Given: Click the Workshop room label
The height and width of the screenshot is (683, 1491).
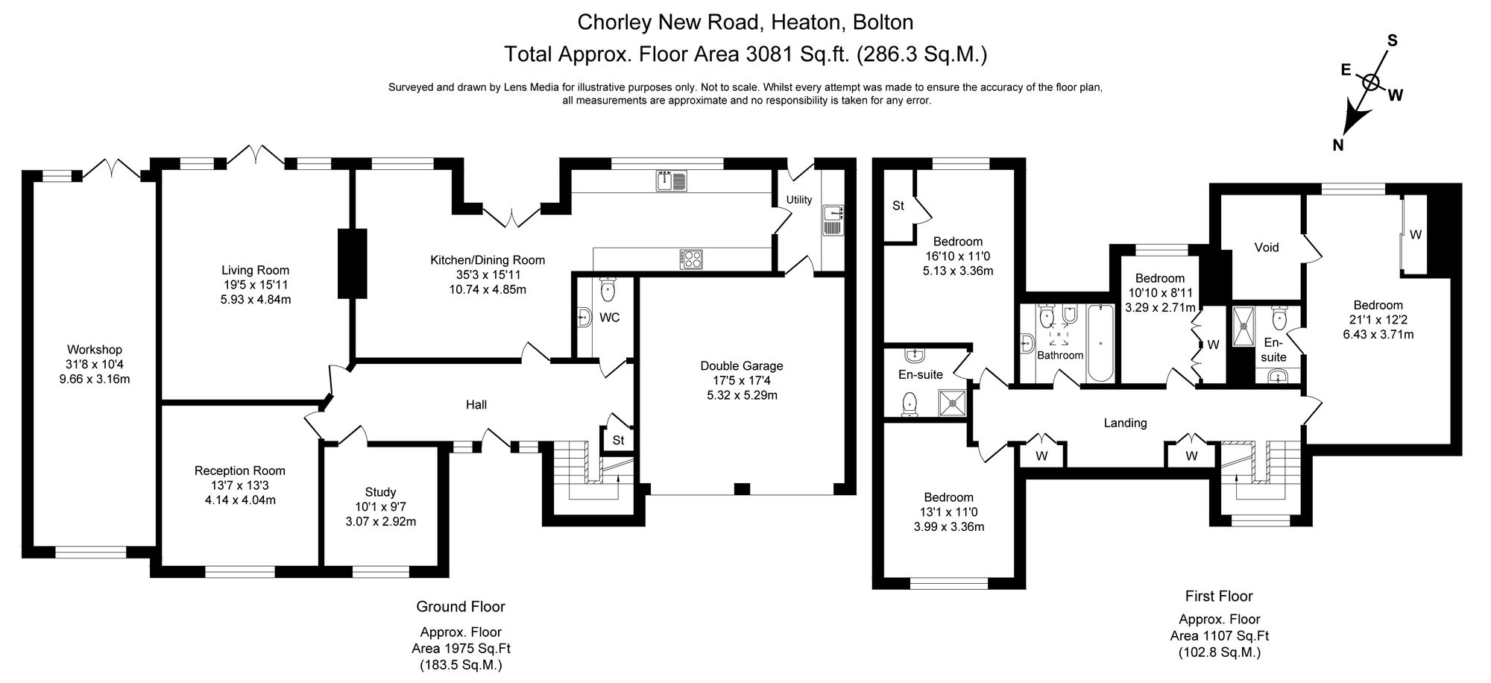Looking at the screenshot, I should [x=94, y=350].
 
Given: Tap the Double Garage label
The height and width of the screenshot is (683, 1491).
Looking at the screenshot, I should [x=741, y=366].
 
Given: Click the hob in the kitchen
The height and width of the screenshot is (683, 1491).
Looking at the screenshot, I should [x=691, y=259].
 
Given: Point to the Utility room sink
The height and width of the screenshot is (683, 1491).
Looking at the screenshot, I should [x=832, y=221].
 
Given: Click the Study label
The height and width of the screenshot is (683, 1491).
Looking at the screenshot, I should [x=380, y=492].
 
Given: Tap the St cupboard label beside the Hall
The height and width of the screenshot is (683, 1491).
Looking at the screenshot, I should [x=618, y=441].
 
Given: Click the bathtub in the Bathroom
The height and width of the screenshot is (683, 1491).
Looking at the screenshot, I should [x=1100, y=344].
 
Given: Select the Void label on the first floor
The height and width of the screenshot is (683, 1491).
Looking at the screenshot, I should [x=1266, y=248].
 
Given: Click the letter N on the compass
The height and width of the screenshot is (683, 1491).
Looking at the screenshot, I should [x=1338, y=146].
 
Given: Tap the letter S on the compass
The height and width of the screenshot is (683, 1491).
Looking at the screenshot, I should [x=1392, y=41].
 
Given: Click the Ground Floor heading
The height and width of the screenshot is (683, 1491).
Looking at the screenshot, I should [x=460, y=606].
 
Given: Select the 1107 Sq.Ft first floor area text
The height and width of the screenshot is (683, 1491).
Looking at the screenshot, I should [x=1219, y=635].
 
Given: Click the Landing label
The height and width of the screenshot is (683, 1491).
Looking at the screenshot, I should [x=1124, y=423].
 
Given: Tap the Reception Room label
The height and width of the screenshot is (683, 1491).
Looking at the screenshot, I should [x=239, y=470].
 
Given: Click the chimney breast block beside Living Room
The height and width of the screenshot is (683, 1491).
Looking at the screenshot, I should [x=353, y=263].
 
